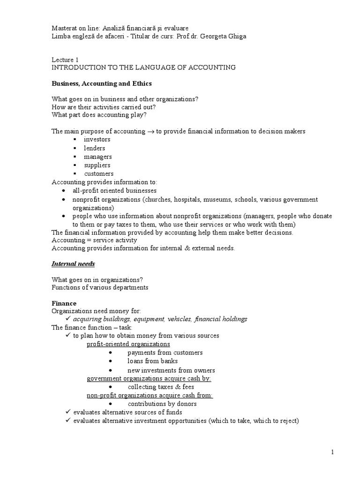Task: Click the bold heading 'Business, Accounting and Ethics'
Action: (101, 83)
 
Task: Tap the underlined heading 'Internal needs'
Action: (73, 264)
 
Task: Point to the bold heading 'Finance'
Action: (64, 303)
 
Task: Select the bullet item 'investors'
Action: (97, 140)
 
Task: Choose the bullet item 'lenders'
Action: (94, 148)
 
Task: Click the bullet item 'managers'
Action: (97, 157)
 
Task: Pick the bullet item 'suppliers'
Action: (97, 165)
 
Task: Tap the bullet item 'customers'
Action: (98, 173)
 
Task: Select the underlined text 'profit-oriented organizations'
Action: (128, 344)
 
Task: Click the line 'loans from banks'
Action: (152, 361)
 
